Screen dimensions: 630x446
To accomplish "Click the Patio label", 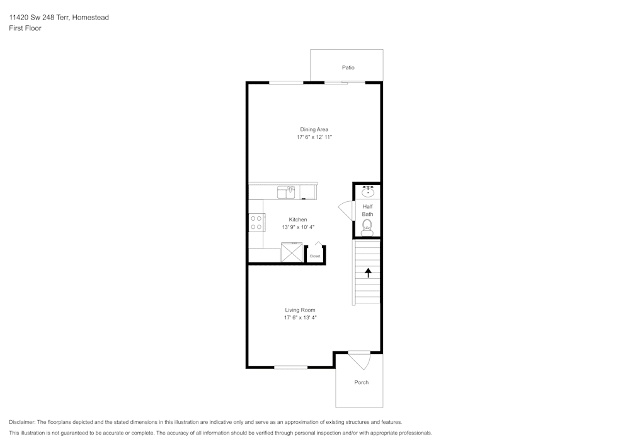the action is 348,67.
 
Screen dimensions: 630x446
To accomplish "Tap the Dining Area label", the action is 314,129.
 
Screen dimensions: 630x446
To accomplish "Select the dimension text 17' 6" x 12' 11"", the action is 314,137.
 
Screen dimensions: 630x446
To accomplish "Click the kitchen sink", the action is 286,192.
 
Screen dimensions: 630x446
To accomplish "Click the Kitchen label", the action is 298,220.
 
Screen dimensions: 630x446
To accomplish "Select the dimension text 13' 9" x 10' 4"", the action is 298,227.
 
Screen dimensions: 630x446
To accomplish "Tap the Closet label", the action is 315,256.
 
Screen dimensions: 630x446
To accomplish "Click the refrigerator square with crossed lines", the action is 292,252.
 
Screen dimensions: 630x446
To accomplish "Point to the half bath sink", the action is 368,191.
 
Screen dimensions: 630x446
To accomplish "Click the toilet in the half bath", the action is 367,228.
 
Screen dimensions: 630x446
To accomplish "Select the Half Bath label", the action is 368,210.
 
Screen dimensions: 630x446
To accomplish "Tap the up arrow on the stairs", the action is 368,273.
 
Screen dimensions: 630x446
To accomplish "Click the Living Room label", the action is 300,310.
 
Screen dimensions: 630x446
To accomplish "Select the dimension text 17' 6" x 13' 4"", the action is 300,318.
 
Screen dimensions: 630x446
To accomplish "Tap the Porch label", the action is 361,382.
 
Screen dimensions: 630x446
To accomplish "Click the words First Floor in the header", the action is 25,28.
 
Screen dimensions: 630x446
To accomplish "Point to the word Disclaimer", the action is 22,422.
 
